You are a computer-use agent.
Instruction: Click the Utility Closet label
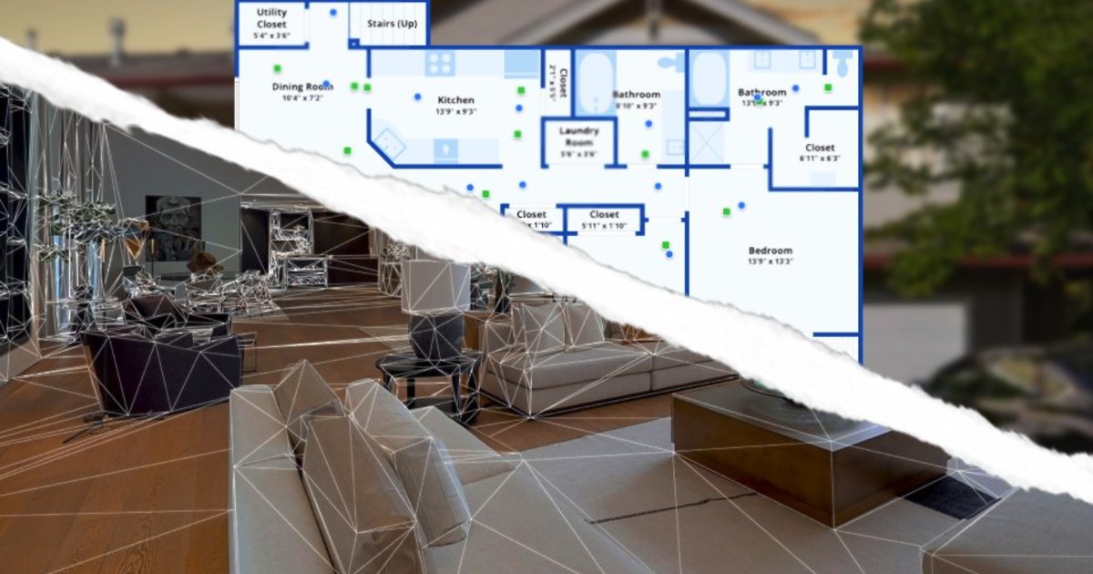(271, 18)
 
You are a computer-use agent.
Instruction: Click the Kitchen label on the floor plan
(455, 100)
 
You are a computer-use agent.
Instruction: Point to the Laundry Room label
(579, 136)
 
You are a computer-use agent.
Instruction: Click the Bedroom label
(771, 251)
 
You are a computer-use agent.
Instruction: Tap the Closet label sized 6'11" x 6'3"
(820, 148)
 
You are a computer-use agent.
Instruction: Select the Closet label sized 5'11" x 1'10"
(604, 215)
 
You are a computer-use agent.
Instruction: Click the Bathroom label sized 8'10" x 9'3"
(636, 95)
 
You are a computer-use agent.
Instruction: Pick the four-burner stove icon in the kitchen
(440, 63)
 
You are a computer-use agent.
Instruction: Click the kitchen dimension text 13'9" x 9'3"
(455, 112)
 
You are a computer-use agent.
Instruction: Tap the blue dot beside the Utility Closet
(332, 13)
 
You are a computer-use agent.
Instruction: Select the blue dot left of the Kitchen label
(418, 96)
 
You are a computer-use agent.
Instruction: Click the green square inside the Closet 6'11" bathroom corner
(828, 87)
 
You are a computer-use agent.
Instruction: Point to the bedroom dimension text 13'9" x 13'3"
(771, 262)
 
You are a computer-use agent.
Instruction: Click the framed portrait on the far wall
(173, 224)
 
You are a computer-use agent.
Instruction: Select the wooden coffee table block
(802, 446)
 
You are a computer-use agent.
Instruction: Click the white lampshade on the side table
(435, 285)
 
